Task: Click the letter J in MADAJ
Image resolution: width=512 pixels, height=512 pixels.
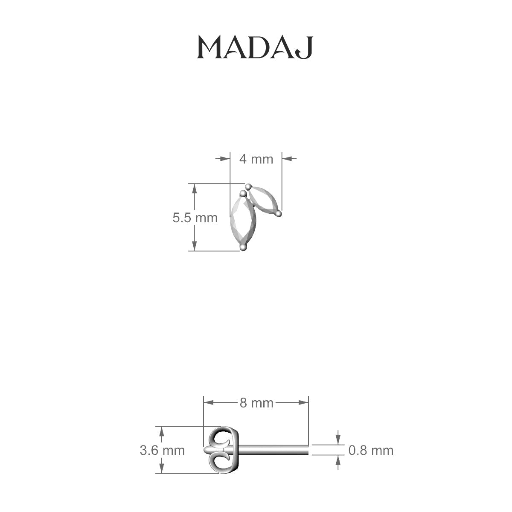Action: [x=305, y=48]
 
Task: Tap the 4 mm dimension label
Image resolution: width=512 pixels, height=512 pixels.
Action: [x=256, y=159]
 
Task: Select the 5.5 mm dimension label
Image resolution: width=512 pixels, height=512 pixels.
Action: [x=195, y=218]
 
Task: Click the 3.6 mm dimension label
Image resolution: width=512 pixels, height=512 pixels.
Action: [x=162, y=450]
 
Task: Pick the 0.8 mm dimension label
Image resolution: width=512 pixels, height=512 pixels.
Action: [x=371, y=450]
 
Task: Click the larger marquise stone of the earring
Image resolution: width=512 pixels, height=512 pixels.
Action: [x=243, y=220]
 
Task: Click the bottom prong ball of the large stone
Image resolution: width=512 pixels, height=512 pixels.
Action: [x=243, y=247]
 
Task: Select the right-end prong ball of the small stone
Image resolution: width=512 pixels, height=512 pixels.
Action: [x=278, y=212]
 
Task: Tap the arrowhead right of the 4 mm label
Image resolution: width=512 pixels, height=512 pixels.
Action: [x=287, y=159]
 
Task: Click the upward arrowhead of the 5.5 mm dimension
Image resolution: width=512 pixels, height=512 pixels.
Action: [x=195, y=188]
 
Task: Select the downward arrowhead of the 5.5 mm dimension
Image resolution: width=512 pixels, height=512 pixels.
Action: [x=195, y=246]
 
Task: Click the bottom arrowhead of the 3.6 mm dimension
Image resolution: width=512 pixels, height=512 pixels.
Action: [x=161, y=469]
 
